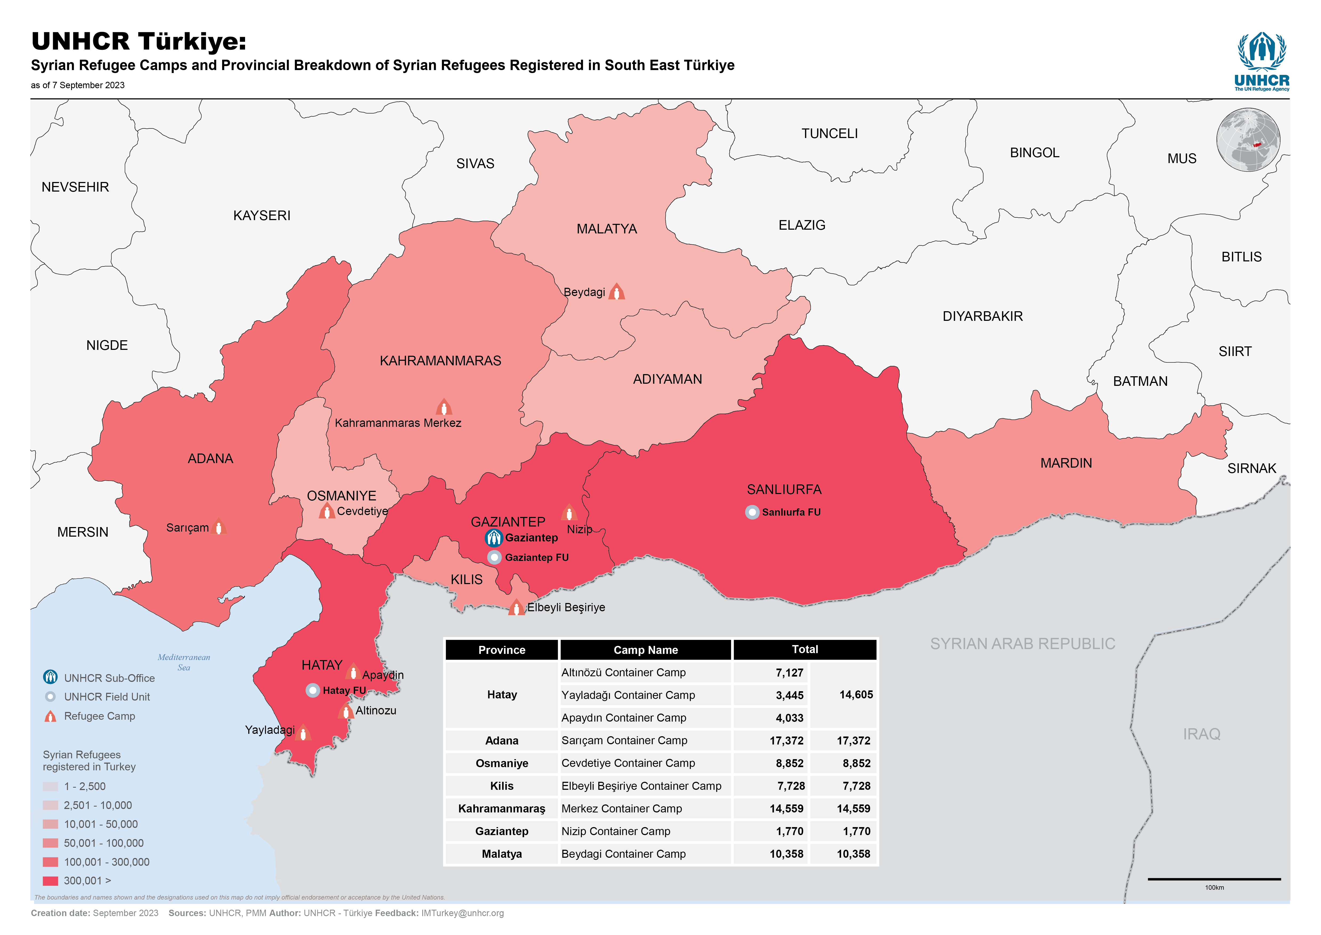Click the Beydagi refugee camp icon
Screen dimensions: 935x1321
[616, 292]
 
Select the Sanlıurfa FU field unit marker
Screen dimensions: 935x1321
[752, 512]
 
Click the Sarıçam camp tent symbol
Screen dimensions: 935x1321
[219, 527]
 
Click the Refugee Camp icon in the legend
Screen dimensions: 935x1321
[51, 716]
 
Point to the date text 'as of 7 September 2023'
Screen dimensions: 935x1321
[78, 85]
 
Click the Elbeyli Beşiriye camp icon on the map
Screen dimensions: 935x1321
[516, 608]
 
